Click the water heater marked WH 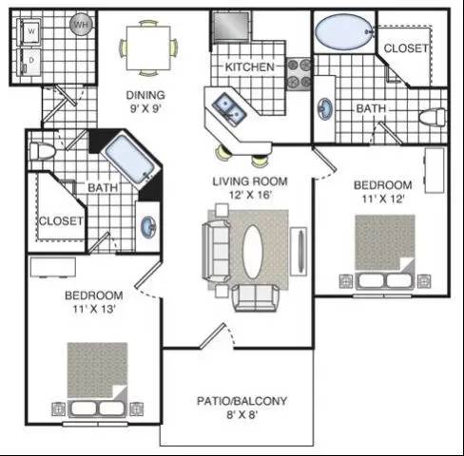(x=82, y=25)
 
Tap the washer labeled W (x=29, y=32)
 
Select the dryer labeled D (x=29, y=61)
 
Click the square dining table (x=148, y=48)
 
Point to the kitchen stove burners (x=299, y=74)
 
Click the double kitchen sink (x=229, y=109)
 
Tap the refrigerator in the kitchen (x=231, y=26)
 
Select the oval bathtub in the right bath (x=343, y=31)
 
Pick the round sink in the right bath (x=325, y=109)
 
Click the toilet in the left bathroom (x=42, y=151)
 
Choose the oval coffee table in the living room (x=253, y=252)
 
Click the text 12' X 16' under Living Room (x=250, y=195)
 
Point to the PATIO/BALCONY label (x=242, y=401)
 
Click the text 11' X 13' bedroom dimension (x=93, y=309)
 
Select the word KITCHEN (x=249, y=67)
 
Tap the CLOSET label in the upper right (x=406, y=48)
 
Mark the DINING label (x=145, y=95)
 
